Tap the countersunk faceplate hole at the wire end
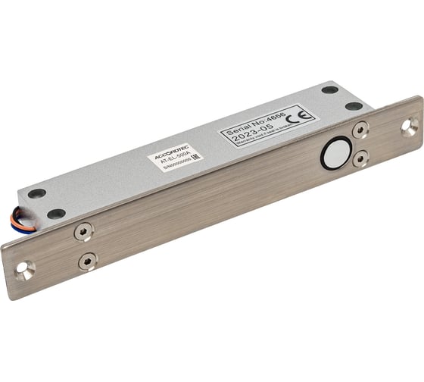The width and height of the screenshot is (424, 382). [x=26, y=269]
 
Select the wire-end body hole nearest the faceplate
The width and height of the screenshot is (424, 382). [x=56, y=214]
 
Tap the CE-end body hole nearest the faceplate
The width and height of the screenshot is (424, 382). [x=354, y=106]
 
